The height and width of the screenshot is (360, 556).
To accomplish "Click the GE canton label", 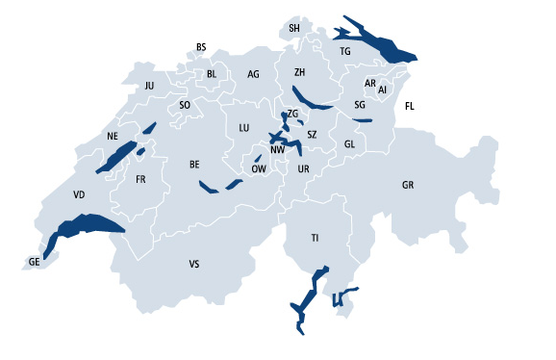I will (x=35, y=261).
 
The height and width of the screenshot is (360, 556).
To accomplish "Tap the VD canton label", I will (x=79, y=194).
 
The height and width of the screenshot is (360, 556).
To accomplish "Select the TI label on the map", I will (x=315, y=237).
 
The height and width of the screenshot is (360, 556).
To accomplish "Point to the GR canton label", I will (x=408, y=184).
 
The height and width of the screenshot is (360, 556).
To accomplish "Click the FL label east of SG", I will (x=410, y=106).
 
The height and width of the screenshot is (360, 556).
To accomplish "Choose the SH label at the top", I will (x=294, y=29).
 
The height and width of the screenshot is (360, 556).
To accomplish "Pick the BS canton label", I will (x=201, y=47).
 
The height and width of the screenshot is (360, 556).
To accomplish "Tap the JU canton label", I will (x=149, y=86).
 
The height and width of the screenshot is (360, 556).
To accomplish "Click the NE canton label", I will (x=113, y=137).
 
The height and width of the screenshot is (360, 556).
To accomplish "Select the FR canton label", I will (x=140, y=179).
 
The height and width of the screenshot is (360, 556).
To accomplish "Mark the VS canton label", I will (x=194, y=263).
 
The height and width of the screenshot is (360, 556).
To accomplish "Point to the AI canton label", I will (x=382, y=90).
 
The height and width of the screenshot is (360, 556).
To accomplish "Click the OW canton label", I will (x=259, y=168).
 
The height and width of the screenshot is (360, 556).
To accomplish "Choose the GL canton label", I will (x=349, y=144).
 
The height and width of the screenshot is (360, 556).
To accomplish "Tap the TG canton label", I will (x=345, y=51).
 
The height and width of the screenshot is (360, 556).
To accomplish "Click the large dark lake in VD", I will (x=87, y=226).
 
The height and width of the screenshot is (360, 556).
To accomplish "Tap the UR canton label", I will (x=304, y=169).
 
